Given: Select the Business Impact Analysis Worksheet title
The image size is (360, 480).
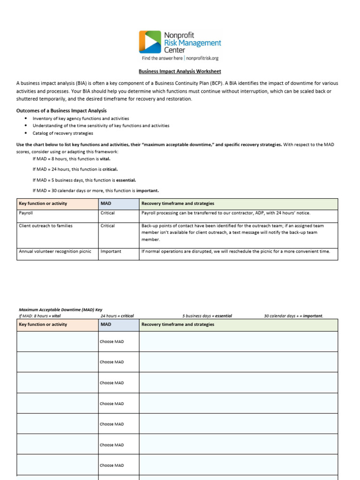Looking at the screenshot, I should click(180, 72).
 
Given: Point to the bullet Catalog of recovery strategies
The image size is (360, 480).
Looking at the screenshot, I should click(63, 133).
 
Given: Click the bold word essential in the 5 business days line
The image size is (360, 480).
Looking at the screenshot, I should click(126, 180).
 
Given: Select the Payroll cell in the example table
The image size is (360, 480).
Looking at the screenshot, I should click(26, 213).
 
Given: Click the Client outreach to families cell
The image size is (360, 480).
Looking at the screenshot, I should click(45, 225).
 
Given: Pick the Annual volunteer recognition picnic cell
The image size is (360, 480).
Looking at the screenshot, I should click(55, 251).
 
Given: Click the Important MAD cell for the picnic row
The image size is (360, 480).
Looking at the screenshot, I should click(111, 251).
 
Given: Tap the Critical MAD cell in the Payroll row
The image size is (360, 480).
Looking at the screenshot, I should click(107, 213).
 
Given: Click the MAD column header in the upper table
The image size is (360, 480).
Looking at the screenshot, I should click(106, 203).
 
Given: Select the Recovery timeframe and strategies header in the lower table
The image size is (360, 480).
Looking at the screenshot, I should click(178, 324).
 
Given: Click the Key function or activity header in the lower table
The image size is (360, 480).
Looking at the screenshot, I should click(43, 324).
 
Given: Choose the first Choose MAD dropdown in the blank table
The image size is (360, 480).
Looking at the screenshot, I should click(112, 342).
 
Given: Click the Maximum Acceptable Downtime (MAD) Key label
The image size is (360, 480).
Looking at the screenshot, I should click(60, 310).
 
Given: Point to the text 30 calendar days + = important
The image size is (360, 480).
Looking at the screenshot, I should click(293, 316).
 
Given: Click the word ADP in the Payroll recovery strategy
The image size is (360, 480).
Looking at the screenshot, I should click(264, 213).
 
